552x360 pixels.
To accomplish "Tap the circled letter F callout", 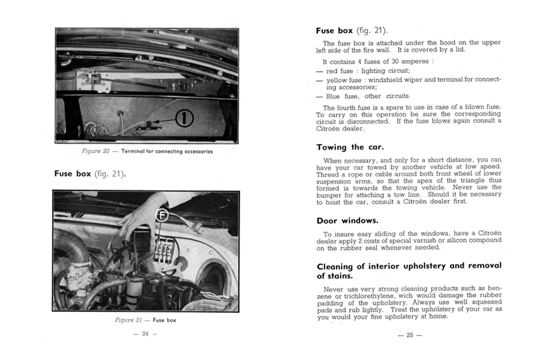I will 163,214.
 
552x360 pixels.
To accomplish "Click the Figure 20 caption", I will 144,152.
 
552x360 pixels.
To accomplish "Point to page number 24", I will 145,334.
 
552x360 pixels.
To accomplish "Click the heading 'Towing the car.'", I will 350,147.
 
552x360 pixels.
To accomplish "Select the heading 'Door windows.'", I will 347,221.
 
